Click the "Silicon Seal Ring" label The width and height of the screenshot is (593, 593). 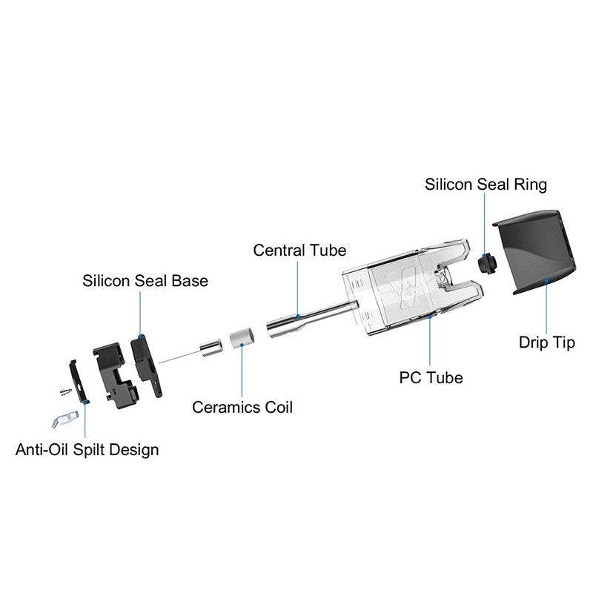[x=486, y=184]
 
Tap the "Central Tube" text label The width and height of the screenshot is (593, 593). [x=299, y=250]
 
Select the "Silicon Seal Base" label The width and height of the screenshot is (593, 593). [x=145, y=281]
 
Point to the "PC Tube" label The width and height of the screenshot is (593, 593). [x=431, y=377]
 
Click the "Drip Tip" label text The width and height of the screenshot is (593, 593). [x=546, y=343]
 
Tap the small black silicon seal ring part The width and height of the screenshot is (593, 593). [x=487, y=262]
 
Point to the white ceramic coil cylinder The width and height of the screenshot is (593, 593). [x=240, y=338]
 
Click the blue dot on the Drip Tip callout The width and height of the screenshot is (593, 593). [x=546, y=281]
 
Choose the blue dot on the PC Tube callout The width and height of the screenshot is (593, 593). [x=431, y=315]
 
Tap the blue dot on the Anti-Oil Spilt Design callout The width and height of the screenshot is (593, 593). [x=86, y=401]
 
